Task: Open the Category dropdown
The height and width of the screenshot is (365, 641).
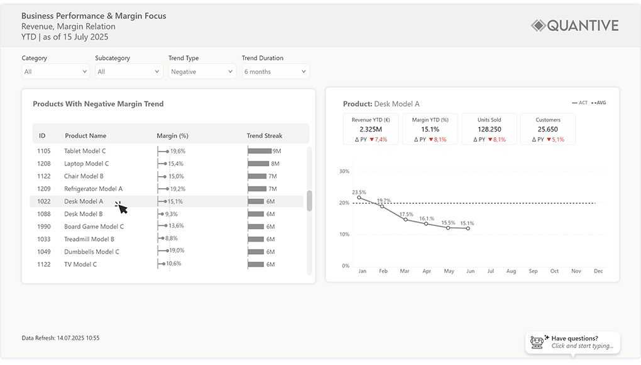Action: (x=55, y=72)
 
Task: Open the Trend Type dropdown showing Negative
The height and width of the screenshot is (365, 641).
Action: (x=202, y=72)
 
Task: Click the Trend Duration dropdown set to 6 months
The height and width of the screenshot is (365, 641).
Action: (x=275, y=72)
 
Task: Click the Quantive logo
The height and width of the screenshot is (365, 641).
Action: (x=574, y=26)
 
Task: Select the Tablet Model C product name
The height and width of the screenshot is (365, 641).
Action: (x=85, y=151)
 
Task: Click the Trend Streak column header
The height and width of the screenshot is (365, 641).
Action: (x=264, y=135)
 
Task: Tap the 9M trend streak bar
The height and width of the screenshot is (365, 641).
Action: (x=260, y=151)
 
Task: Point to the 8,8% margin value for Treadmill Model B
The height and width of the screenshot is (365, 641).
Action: (x=172, y=239)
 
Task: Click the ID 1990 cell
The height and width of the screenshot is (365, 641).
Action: (x=44, y=227)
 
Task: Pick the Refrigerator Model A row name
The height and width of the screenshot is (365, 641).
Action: (x=93, y=189)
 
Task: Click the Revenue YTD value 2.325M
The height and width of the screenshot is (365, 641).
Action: (x=371, y=129)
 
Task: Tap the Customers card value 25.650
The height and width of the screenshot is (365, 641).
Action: (x=548, y=129)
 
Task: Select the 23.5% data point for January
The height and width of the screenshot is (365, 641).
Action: (x=359, y=198)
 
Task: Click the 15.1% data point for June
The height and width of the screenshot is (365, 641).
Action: (x=468, y=228)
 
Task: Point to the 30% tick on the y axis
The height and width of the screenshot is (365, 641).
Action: (x=344, y=171)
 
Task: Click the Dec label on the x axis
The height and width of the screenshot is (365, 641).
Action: (x=598, y=271)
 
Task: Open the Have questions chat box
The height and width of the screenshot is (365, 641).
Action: (x=573, y=342)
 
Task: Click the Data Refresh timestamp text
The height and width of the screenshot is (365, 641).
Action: (x=60, y=338)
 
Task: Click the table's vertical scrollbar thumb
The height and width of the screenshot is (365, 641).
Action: (x=309, y=201)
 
